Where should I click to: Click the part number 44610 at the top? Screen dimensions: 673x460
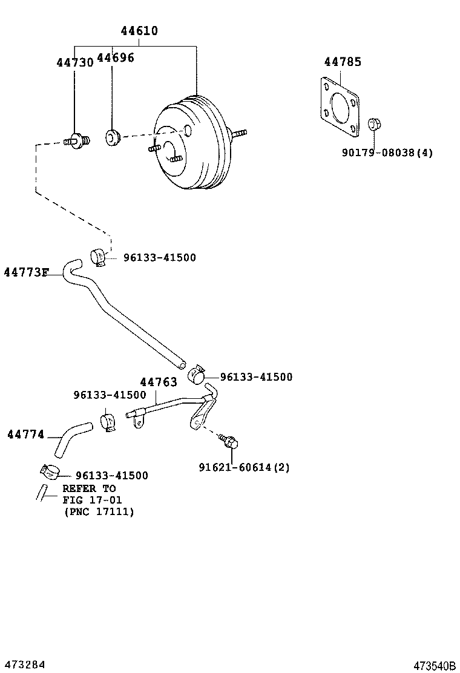click(139, 30)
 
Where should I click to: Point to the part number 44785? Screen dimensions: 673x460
click(343, 61)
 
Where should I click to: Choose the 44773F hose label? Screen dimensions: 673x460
click(25, 272)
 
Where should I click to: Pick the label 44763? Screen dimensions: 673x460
click(159, 382)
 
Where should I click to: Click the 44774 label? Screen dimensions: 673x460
click(25, 434)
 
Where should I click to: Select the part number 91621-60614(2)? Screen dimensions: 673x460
click(244, 467)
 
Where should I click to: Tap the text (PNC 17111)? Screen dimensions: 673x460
click(99, 511)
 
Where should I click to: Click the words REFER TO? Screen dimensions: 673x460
click(89, 488)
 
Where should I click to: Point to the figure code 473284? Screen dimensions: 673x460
click(24, 664)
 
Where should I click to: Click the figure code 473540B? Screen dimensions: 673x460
click(434, 665)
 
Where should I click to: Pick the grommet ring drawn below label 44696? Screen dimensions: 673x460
click(113, 137)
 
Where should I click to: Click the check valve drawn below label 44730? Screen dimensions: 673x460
click(77, 141)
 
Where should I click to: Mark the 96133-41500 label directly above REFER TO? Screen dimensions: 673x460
click(111, 476)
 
